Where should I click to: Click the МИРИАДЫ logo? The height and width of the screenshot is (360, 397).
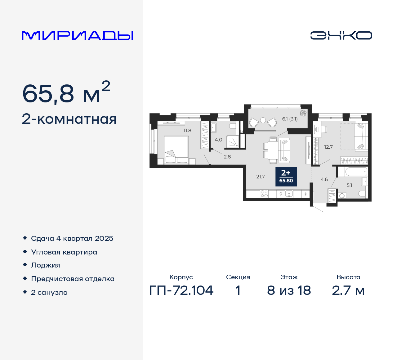[x=77, y=36]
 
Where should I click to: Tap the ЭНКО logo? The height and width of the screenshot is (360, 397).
[x=341, y=35]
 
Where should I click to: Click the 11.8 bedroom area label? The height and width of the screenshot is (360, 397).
[x=187, y=131]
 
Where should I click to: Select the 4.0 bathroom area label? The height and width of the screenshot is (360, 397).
[x=218, y=140]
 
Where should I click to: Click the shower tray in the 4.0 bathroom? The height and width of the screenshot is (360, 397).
[x=232, y=142]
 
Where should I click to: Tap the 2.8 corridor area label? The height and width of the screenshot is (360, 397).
[x=227, y=157]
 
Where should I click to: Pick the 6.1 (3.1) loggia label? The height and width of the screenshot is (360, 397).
[x=290, y=119]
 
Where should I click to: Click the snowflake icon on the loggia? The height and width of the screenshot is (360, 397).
[x=303, y=113]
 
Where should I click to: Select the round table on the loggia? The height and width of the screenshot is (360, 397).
[x=263, y=120]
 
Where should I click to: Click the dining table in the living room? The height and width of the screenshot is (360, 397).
[x=273, y=150]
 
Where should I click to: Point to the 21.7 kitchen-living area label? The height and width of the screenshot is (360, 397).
[x=261, y=177]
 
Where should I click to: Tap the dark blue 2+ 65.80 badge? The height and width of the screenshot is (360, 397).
[x=286, y=177]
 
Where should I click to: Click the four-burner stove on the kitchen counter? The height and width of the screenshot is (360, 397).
[x=264, y=194]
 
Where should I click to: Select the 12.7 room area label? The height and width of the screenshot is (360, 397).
[x=328, y=147]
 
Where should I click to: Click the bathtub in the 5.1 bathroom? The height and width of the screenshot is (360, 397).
[x=352, y=172]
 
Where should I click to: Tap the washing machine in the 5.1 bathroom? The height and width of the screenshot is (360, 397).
[x=342, y=196]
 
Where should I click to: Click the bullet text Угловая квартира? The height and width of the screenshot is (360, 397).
[x=64, y=252]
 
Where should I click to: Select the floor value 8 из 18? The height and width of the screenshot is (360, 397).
[x=289, y=290]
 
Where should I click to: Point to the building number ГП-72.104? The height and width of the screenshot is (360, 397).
[x=181, y=290]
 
